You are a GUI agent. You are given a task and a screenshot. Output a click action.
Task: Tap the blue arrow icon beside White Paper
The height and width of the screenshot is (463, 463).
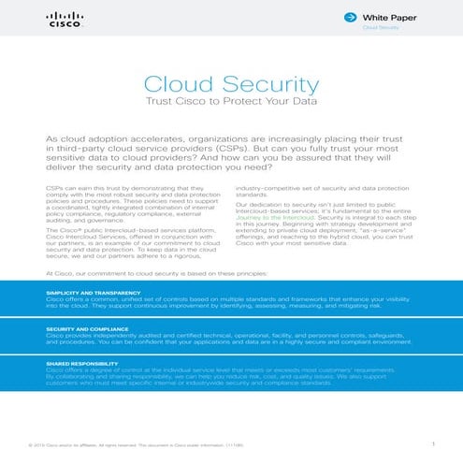click(348, 17)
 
